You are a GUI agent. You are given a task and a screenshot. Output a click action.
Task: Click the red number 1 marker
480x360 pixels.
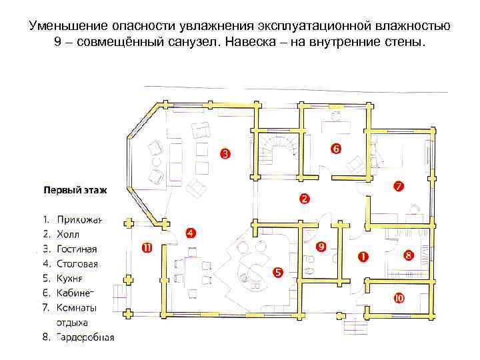(x=363, y=256)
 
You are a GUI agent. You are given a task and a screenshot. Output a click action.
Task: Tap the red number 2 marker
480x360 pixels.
(x=303, y=199)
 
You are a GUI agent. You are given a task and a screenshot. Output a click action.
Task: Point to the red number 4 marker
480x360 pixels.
(x=190, y=233)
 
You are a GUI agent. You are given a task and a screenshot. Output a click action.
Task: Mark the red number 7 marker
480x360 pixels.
(x=397, y=187)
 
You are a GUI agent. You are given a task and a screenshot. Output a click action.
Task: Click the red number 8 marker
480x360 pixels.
(x=408, y=255)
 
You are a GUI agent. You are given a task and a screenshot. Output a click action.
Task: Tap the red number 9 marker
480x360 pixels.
(x=321, y=247)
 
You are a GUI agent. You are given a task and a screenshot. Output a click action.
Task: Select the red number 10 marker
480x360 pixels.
(x=399, y=298)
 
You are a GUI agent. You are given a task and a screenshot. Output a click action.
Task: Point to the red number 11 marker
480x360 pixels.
(x=147, y=248)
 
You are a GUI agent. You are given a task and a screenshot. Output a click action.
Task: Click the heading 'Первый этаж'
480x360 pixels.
(x=75, y=189)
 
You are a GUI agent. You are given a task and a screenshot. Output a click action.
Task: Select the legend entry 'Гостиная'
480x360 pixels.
(x=77, y=249)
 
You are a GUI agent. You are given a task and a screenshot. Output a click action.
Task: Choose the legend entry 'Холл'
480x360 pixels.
(x=68, y=235)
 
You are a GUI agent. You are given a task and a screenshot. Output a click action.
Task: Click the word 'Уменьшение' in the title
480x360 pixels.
(x=66, y=26)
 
